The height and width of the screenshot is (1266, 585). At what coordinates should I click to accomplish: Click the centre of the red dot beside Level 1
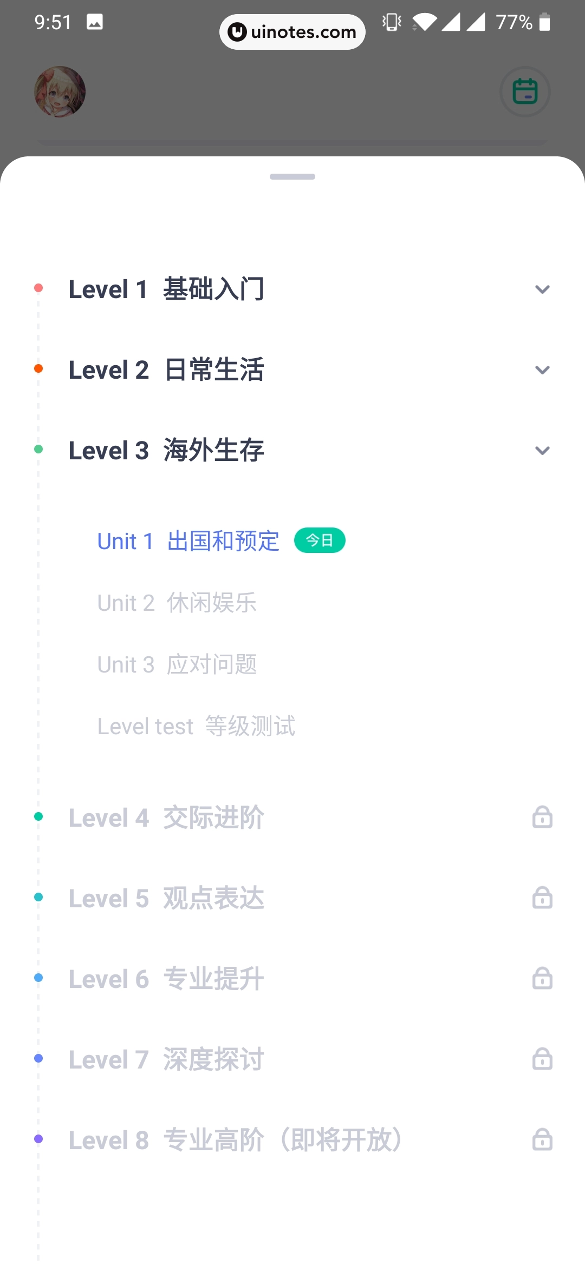(38, 288)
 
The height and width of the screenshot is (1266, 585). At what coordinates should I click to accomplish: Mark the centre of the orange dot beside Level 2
(38, 368)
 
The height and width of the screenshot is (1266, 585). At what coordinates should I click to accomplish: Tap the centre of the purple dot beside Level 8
(38, 1139)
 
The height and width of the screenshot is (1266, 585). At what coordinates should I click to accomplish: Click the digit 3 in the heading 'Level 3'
(142, 451)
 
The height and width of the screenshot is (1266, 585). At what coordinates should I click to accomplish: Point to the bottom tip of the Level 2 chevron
(542, 374)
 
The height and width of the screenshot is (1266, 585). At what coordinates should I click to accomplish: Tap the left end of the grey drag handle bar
(271, 176)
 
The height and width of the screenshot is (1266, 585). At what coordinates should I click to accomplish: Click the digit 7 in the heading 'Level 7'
(142, 1060)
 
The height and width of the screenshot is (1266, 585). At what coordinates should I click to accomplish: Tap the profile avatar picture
(60, 92)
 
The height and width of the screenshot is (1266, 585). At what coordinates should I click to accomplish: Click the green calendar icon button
(525, 91)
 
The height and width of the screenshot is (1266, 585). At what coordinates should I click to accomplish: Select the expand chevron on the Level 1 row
(542, 289)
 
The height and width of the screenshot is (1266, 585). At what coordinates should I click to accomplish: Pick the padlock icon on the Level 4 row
(542, 817)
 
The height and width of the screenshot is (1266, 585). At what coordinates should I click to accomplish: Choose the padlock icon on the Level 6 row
(542, 978)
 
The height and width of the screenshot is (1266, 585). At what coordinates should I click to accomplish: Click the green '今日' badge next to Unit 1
(320, 540)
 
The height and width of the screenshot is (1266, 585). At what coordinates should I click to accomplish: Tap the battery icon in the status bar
(545, 22)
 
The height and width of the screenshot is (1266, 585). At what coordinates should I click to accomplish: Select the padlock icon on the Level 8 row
(542, 1139)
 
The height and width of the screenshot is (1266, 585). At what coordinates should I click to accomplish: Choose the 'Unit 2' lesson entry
(177, 603)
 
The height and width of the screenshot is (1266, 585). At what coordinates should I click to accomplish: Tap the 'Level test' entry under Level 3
(197, 726)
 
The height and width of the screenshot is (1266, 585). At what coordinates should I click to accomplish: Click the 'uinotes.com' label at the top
(303, 32)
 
